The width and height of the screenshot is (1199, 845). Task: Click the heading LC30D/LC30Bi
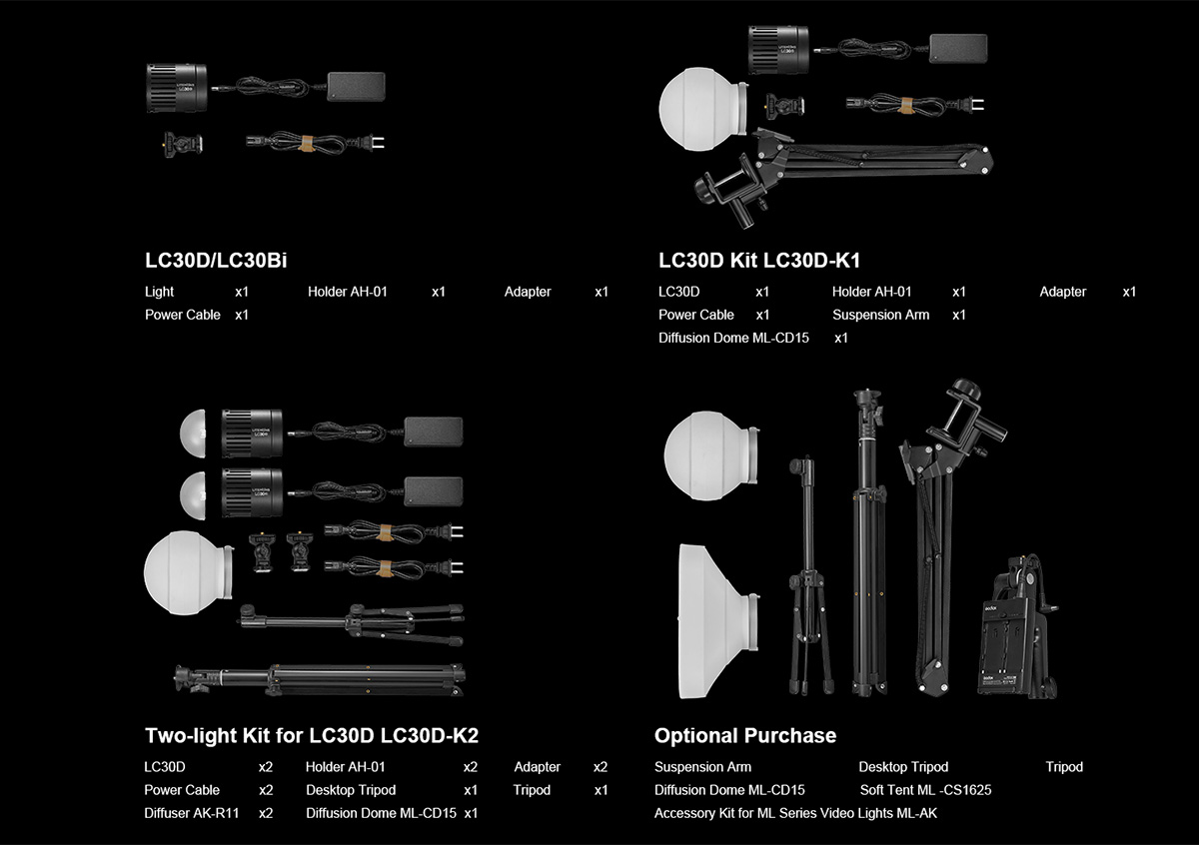216,261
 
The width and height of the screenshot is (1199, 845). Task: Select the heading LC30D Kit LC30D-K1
759,261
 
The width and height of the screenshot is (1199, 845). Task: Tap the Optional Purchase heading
745,736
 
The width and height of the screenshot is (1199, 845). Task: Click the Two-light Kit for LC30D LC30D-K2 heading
312,736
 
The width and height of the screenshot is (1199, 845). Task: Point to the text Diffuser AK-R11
191,813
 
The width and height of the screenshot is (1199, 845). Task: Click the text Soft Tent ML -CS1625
925,790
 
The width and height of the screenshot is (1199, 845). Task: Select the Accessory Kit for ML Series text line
795,813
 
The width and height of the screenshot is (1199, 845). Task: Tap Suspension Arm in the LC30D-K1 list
880,316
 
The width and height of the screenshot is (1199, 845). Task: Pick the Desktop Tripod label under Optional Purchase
903,767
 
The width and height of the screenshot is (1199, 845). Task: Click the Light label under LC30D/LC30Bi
159,293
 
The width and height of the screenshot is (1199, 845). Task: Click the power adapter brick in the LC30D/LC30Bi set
356,87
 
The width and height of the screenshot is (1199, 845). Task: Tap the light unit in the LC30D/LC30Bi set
177,88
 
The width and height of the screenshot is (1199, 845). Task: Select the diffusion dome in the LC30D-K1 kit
703,109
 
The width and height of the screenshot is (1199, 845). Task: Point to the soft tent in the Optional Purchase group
718,621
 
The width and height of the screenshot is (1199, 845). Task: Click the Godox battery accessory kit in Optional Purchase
1017,627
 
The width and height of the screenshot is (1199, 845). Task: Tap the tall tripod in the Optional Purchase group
868,542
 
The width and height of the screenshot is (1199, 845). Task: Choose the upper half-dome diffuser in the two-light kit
193,434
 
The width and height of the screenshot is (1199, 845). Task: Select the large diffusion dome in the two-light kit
189,573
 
